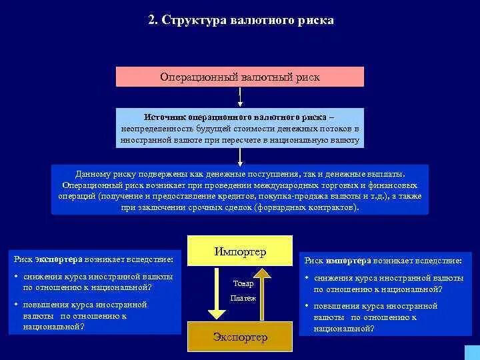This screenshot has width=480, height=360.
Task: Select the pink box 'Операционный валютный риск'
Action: (240, 77)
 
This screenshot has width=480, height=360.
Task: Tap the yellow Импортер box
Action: (240, 252)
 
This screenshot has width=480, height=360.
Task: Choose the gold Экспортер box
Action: (240, 337)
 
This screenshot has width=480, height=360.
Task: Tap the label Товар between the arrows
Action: (243, 283)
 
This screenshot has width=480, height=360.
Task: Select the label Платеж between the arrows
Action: (243, 298)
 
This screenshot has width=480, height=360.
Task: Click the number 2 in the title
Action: (151, 21)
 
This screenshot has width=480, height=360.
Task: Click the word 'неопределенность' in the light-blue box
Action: (155, 128)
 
